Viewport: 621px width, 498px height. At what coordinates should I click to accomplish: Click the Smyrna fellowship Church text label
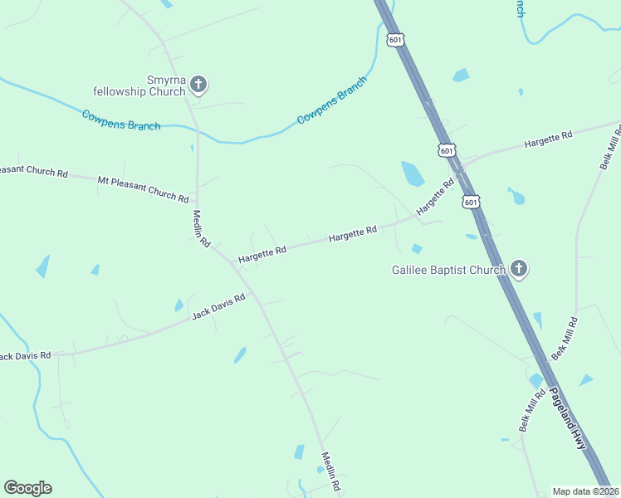139,85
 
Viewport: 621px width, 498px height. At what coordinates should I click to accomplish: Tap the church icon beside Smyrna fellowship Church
198,84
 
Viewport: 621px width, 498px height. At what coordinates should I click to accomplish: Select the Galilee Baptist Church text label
448,270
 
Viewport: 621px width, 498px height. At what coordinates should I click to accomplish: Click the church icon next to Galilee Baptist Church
519,268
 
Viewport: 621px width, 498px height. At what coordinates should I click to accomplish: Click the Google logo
27,488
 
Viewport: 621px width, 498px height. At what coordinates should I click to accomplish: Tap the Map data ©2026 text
585,491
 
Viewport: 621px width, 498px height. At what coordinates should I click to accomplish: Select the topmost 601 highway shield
395,39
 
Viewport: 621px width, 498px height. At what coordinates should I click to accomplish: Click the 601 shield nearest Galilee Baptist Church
471,202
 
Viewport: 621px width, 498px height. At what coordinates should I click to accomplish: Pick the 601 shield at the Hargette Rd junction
447,150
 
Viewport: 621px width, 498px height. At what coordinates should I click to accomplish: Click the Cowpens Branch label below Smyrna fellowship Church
121,120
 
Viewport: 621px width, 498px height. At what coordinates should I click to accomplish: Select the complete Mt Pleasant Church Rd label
143,189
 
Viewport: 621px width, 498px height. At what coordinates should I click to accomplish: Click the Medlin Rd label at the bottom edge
331,471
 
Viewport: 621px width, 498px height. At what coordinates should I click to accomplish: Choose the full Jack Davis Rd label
218,306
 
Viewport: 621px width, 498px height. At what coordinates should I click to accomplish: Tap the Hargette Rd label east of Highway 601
548,139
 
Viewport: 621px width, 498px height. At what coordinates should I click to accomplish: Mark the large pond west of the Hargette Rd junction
413,173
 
